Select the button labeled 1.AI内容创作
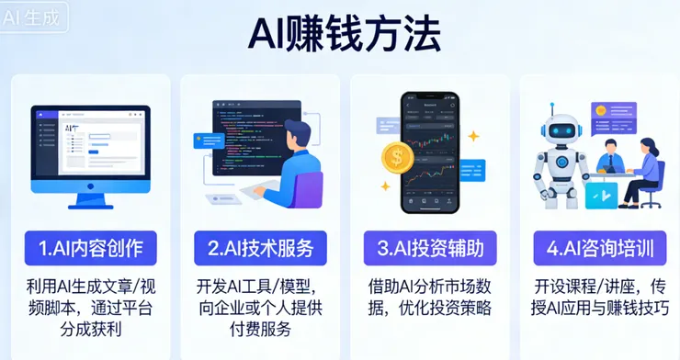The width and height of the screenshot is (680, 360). coord(90,248)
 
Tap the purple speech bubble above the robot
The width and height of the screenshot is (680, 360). coord(626,116)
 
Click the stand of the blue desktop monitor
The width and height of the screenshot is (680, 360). coord(90,200)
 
